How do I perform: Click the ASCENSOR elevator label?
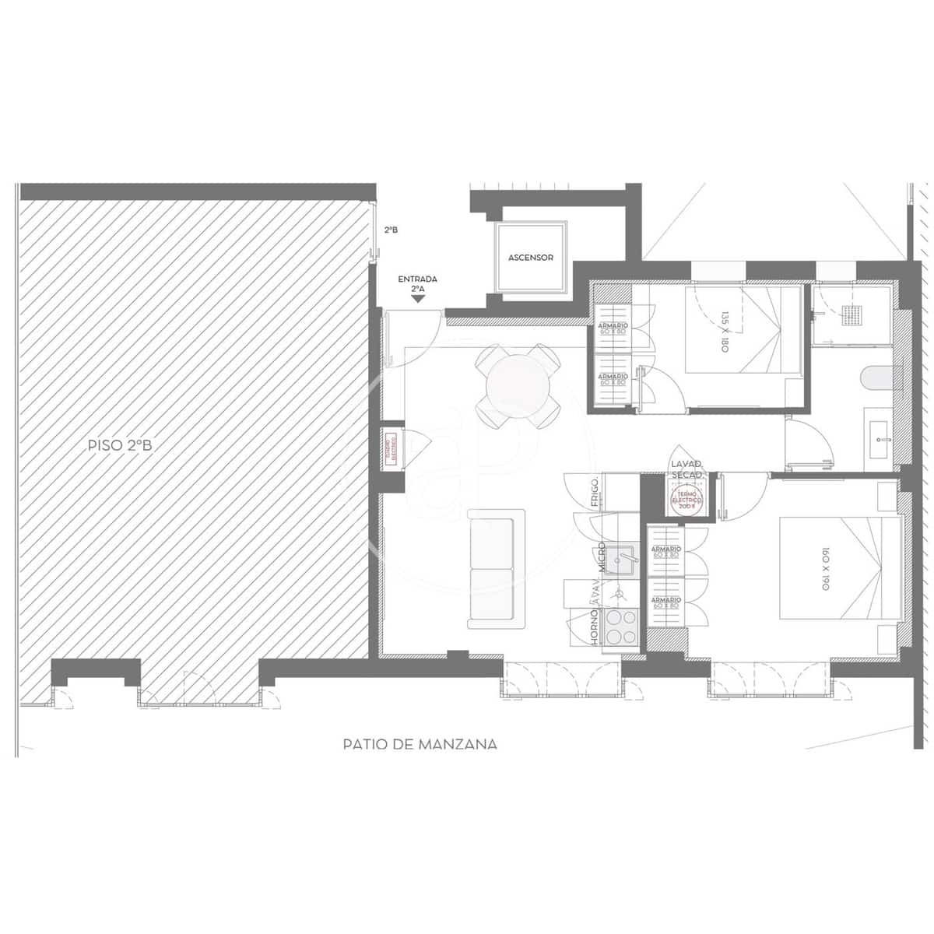point(530,258)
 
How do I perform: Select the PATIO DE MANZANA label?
point(420,744)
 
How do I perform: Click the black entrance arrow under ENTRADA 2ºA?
point(418,299)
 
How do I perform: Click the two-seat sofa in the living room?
point(495,569)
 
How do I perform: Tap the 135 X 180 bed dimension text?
point(724,332)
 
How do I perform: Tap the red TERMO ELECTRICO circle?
point(686,500)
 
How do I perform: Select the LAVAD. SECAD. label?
point(686,469)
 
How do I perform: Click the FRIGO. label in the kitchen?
point(595,493)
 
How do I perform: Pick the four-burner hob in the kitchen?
point(620,627)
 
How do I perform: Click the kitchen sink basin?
point(623,558)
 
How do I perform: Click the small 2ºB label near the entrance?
point(392,230)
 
